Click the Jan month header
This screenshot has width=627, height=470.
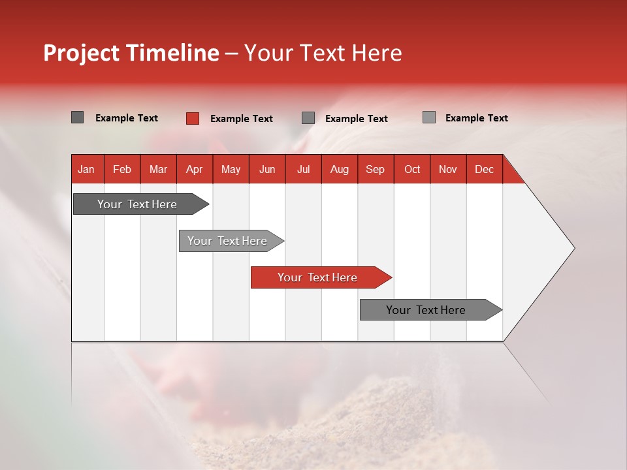click(x=86, y=170)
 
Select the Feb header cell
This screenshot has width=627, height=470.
click(x=122, y=170)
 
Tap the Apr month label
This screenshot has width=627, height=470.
click(x=194, y=170)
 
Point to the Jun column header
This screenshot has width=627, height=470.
click(x=267, y=170)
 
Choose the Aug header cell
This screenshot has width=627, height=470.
click(x=340, y=170)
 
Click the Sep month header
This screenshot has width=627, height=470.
click(x=375, y=170)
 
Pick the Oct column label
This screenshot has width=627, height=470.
click(x=412, y=170)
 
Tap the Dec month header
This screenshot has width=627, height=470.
click(x=484, y=170)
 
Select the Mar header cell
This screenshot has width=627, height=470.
click(x=158, y=170)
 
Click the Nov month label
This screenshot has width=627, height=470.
click(x=448, y=170)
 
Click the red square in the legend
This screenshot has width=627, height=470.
click(x=193, y=118)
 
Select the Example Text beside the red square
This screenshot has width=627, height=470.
click(x=242, y=119)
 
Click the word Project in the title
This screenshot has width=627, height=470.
click(x=81, y=53)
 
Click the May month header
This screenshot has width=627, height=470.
click(x=231, y=170)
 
